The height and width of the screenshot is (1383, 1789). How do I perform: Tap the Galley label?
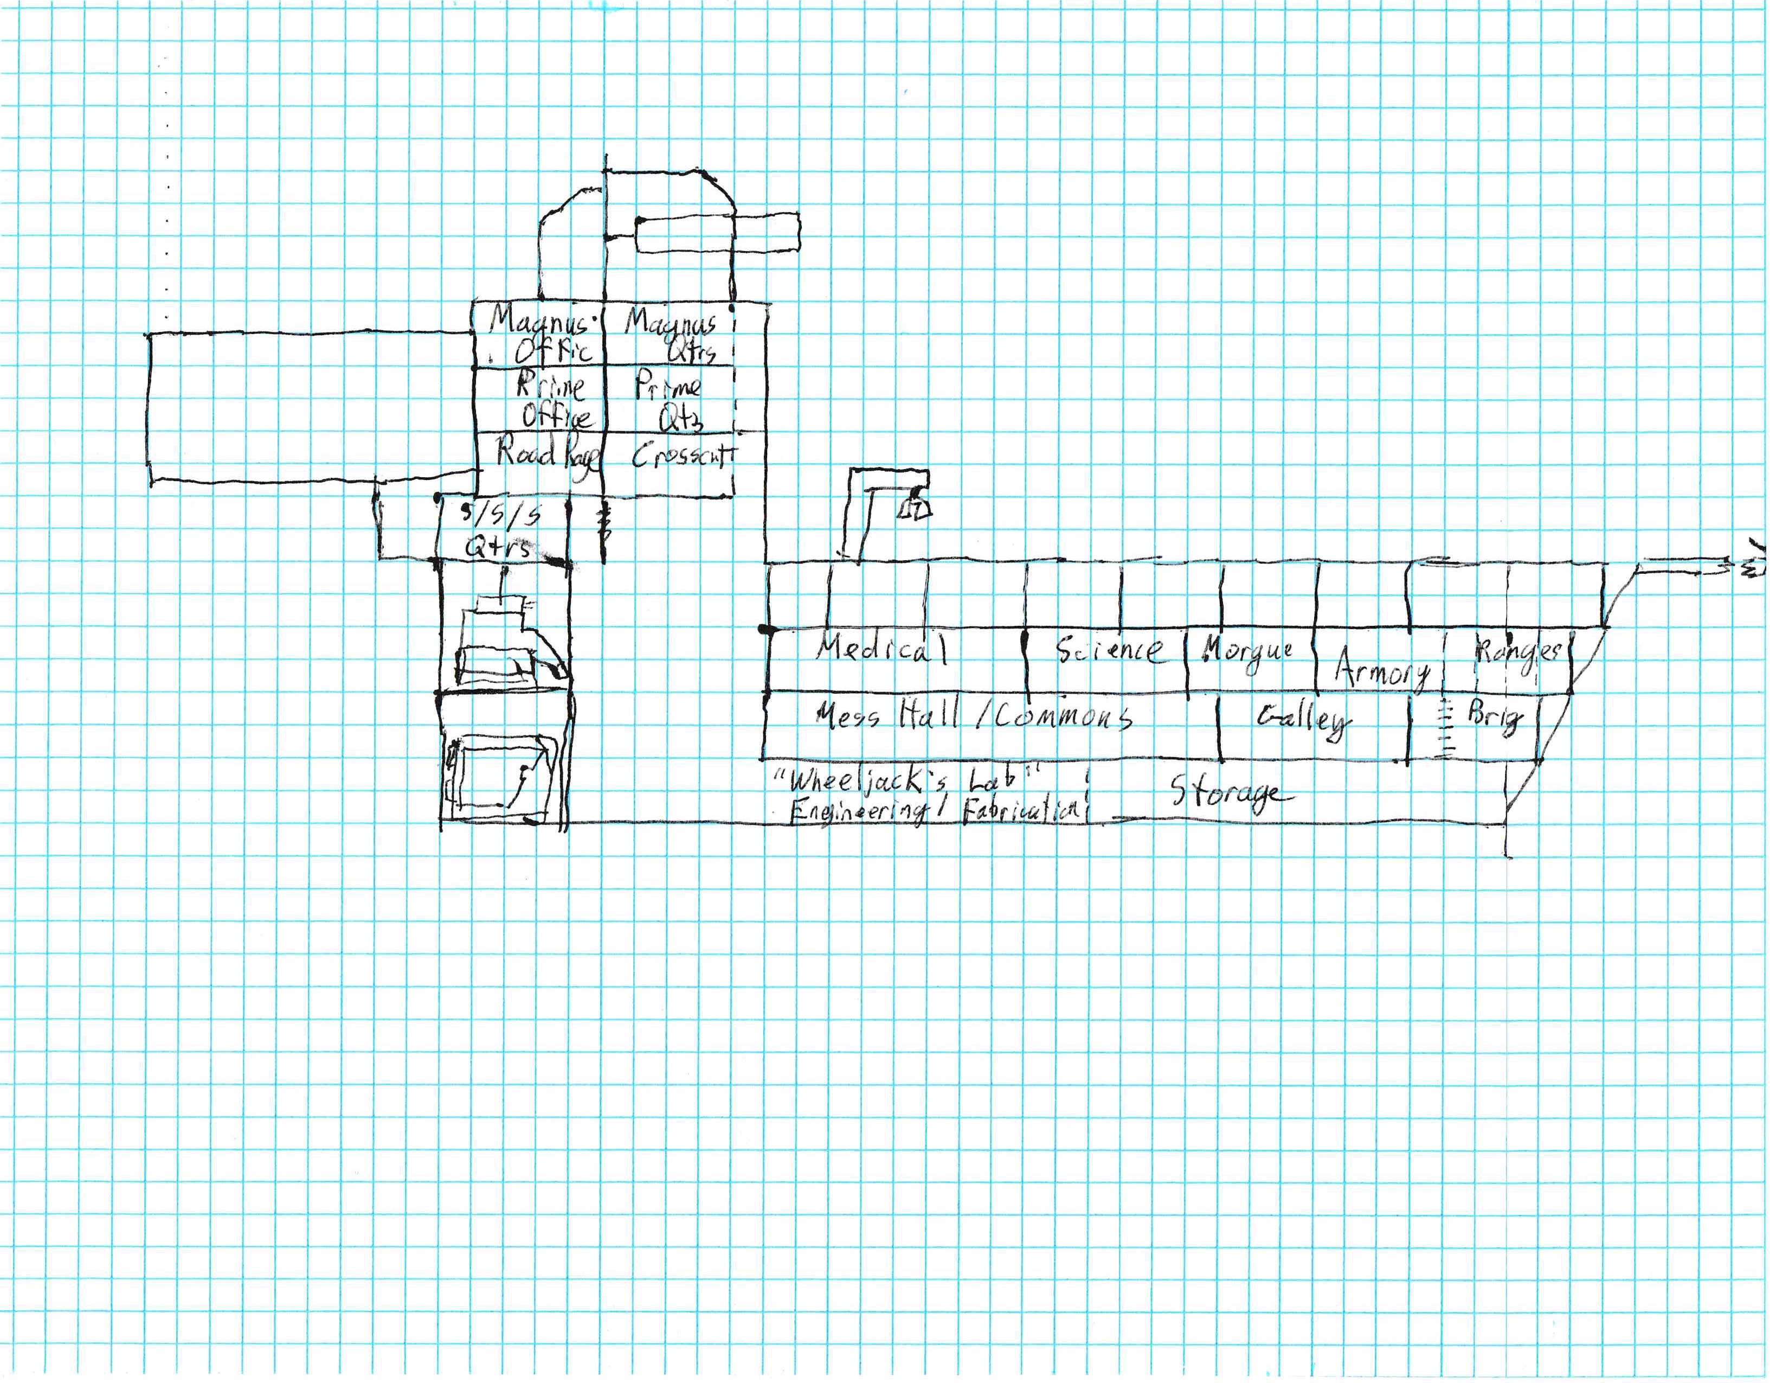(1303, 719)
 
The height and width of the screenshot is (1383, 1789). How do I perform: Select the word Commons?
(1063, 718)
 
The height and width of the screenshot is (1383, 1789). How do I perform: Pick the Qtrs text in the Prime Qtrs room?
(681, 419)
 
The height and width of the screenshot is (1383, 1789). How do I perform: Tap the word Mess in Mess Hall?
(848, 715)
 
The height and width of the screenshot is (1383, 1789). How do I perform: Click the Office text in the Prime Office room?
(557, 416)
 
